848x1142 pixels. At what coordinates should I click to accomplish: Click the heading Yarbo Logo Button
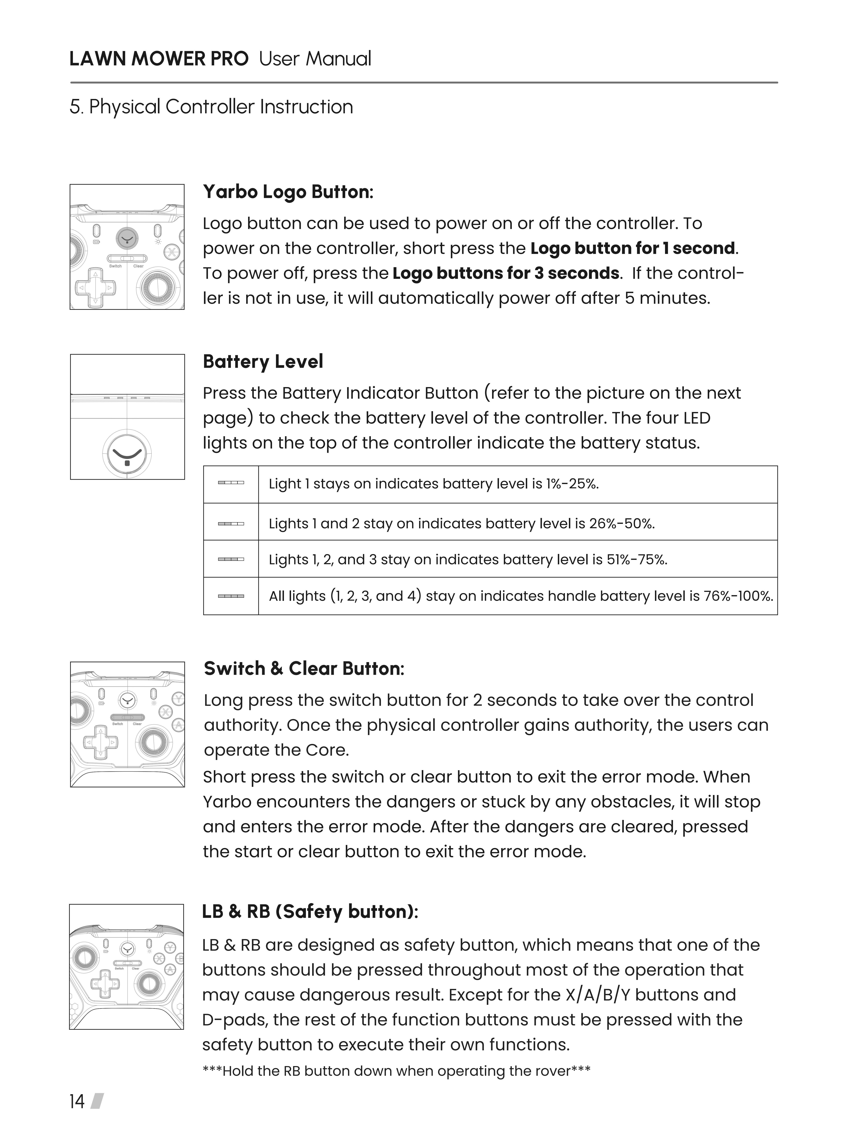click(288, 192)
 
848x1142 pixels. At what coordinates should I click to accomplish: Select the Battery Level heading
click(263, 362)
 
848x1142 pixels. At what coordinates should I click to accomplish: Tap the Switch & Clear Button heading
click(304, 669)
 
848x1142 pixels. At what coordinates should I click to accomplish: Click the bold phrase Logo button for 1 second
click(632, 248)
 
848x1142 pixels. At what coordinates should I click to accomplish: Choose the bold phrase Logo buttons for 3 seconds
click(506, 273)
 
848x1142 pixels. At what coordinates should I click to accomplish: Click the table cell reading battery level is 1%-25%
click(434, 484)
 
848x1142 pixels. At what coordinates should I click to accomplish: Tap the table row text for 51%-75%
click(468, 559)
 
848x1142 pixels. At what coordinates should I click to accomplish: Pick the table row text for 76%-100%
click(520, 596)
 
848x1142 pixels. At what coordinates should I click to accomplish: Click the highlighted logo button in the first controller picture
click(127, 237)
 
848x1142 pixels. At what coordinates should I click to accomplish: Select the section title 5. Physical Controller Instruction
click(211, 107)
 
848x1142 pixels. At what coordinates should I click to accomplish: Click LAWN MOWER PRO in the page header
click(159, 59)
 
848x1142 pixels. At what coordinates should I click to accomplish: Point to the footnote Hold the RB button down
click(396, 1071)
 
